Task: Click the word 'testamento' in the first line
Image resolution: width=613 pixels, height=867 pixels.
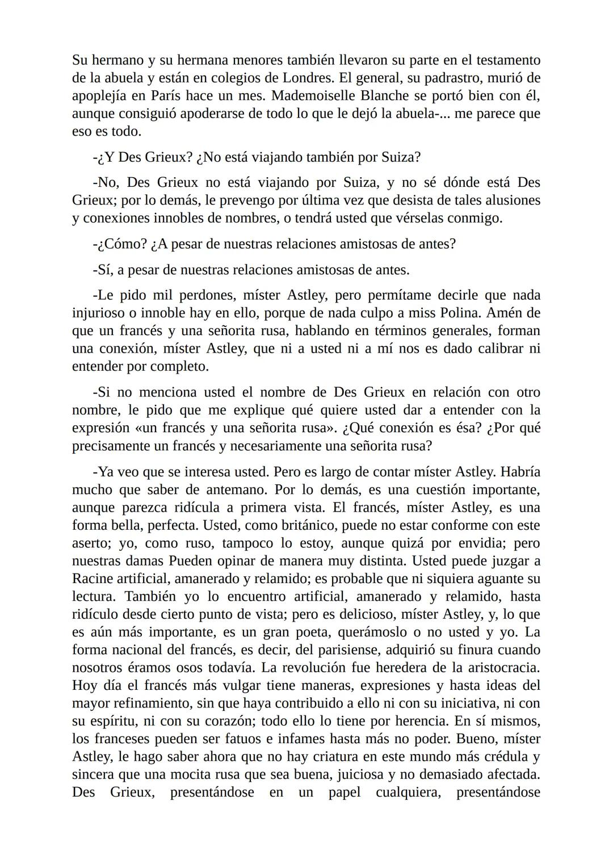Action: tap(507, 60)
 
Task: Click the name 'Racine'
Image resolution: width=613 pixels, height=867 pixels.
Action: tap(92, 579)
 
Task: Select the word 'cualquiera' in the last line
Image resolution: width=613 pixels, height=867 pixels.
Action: tap(408, 792)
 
